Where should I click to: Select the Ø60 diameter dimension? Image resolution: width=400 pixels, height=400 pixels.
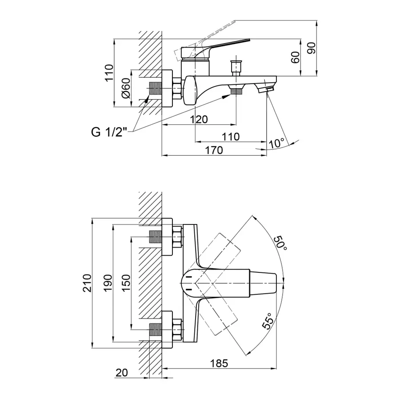click(x=126, y=88)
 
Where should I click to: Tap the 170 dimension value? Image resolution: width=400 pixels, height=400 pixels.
click(x=214, y=150)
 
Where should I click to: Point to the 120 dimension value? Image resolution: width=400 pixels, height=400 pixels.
click(x=199, y=119)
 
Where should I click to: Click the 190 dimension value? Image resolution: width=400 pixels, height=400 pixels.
click(x=107, y=283)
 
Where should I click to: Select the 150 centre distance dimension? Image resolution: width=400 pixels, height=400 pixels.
click(x=126, y=283)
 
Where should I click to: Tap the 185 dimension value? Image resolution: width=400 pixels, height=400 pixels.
click(x=219, y=363)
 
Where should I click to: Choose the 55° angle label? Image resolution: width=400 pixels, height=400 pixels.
click(x=267, y=322)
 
